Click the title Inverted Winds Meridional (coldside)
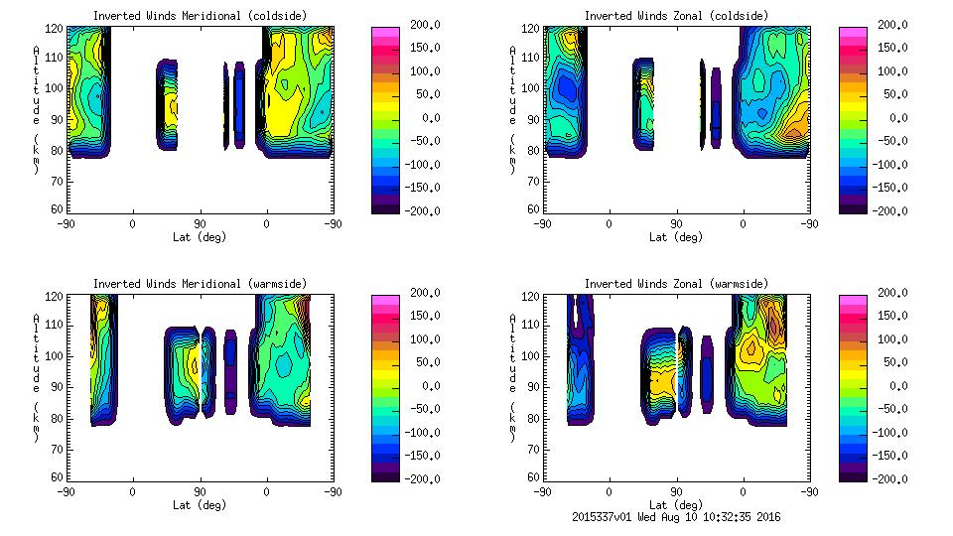[200, 16]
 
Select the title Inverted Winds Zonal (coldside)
[675, 16]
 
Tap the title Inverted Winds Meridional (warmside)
[200, 284]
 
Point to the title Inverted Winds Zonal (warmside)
[675, 284]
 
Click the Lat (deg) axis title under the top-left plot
[199, 237]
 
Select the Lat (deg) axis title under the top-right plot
[675, 237]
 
